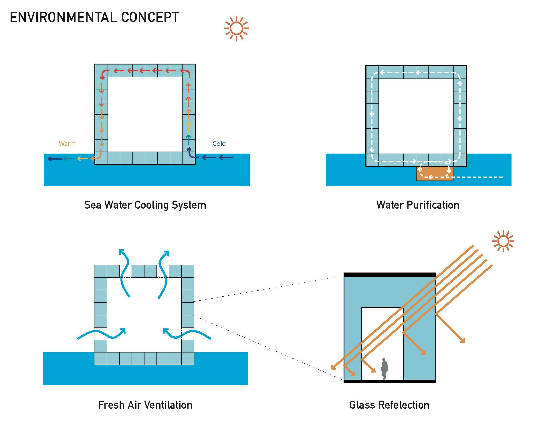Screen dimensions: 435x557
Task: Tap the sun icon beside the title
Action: [236, 28]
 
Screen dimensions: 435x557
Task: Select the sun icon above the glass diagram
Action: [503, 241]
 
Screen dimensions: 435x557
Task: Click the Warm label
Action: [67, 144]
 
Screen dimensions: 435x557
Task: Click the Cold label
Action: [219, 144]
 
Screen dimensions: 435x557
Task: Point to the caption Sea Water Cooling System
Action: [145, 205]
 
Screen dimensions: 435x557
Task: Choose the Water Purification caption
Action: [418, 205]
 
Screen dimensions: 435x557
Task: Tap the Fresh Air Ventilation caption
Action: [145, 405]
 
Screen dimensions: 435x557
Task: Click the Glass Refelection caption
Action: [389, 405]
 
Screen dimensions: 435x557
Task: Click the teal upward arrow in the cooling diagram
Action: [188, 140]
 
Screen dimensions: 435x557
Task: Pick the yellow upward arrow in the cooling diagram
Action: [189, 126]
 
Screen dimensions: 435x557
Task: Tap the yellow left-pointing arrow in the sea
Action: [82, 158]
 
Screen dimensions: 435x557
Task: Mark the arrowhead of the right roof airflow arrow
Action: [167, 253]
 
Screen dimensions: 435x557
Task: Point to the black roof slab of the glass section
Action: [390, 275]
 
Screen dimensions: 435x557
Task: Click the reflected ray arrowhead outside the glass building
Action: [462, 340]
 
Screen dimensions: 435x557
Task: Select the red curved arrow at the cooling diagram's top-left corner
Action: [104, 74]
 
